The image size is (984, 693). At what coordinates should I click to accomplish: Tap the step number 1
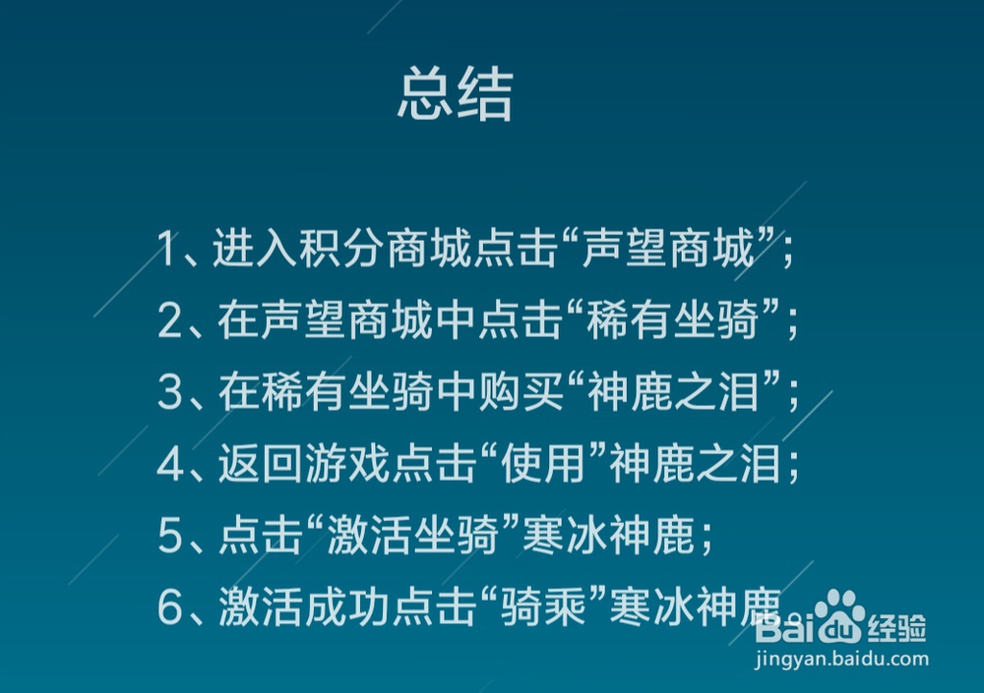pos(169,251)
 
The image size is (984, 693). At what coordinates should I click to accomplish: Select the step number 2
pos(170,322)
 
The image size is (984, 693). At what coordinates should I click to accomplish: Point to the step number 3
pos(170,394)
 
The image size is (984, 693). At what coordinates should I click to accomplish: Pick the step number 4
pos(170,466)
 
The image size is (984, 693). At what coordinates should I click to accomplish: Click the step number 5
pos(170,538)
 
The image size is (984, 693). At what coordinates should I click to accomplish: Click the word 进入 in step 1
pos(248,251)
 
